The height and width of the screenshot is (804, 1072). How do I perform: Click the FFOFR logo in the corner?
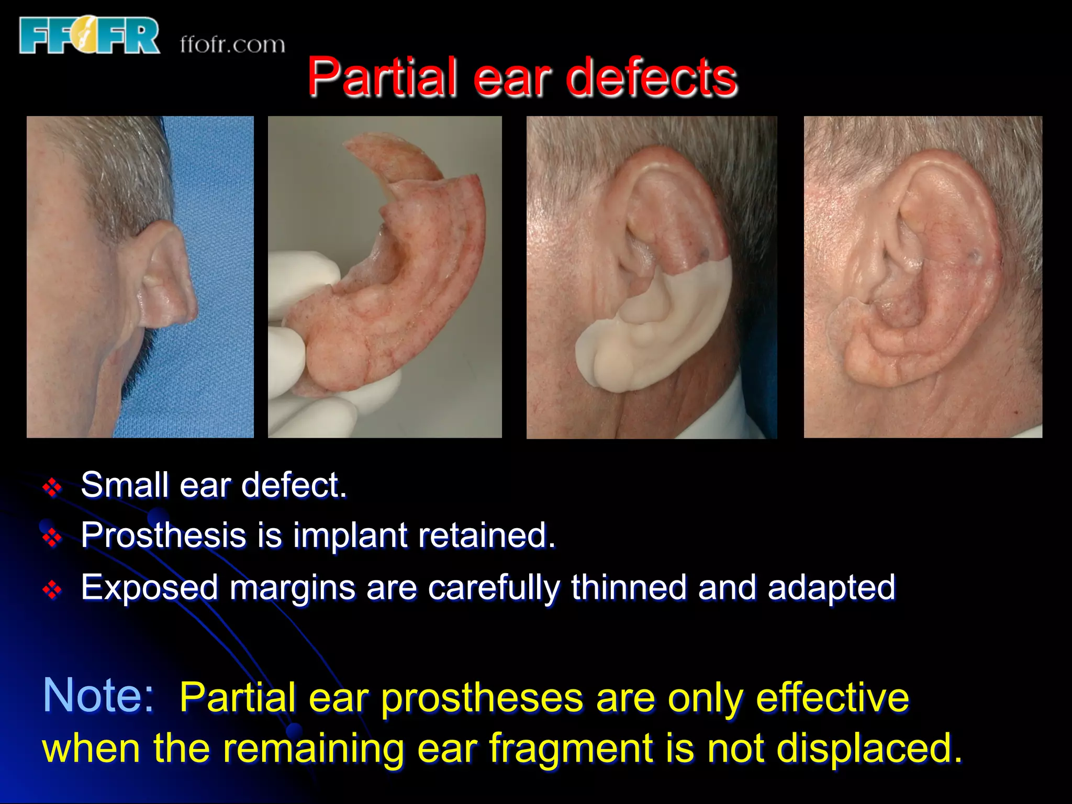pyautogui.click(x=89, y=36)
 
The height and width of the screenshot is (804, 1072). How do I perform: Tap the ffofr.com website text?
pyautogui.click(x=232, y=44)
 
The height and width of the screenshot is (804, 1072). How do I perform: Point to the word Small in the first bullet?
pyautogui.click(x=125, y=485)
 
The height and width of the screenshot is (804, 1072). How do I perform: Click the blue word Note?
pyautogui.click(x=98, y=695)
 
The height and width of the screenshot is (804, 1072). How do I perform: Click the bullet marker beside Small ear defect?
pyautogui.click(x=52, y=488)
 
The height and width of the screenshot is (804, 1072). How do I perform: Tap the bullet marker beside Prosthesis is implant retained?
pyautogui.click(x=52, y=538)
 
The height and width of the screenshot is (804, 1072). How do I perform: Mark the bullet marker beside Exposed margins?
pyautogui.click(x=52, y=590)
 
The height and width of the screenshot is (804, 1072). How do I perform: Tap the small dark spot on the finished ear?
pyautogui.click(x=974, y=256)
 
